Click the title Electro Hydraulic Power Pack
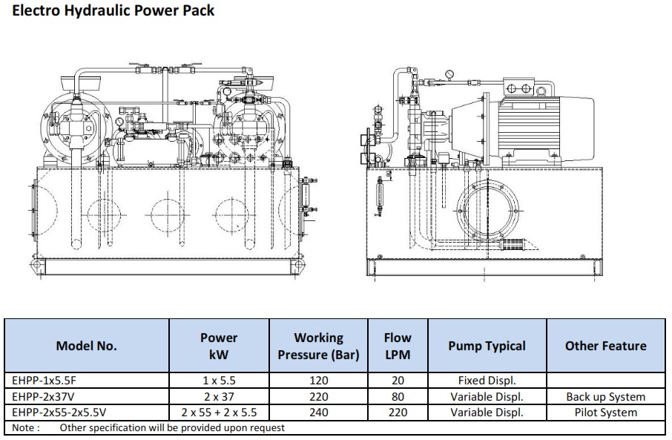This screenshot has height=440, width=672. [113, 10]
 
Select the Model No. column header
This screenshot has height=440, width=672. [86, 346]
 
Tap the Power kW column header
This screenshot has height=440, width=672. [219, 346]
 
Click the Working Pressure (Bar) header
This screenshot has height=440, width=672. [318, 346]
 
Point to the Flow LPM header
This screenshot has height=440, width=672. [398, 346]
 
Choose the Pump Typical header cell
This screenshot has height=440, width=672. [487, 346]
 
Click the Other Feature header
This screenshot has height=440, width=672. [605, 346]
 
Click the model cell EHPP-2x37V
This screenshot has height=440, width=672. [41, 397]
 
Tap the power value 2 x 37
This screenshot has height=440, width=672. [219, 397]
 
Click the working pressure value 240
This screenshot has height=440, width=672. [318, 413]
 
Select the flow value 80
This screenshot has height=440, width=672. [398, 397]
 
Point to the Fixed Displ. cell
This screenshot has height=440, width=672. [487, 381]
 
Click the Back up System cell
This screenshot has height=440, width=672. [605, 397]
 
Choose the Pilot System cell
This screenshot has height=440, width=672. [605, 413]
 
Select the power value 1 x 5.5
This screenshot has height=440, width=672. [219, 381]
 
